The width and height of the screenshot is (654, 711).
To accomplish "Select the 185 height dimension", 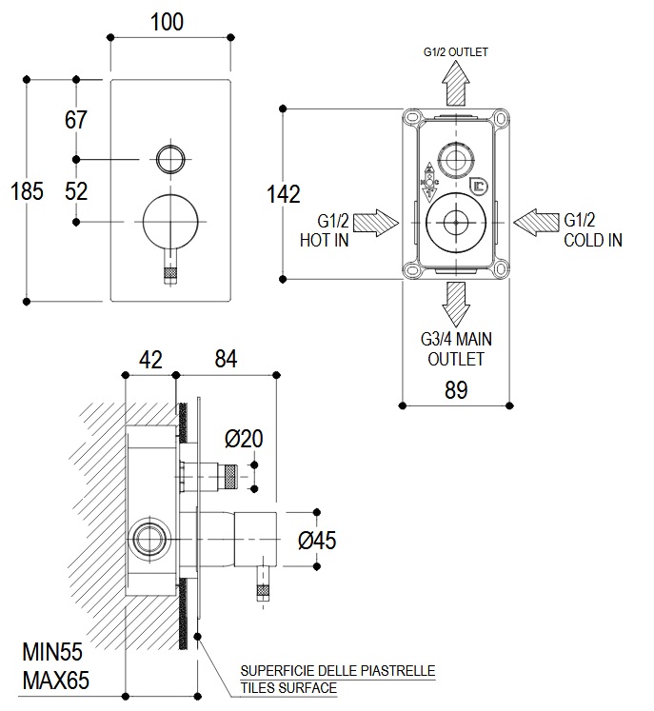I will tap(27, 191).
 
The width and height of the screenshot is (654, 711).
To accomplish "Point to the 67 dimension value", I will tap(76, 121).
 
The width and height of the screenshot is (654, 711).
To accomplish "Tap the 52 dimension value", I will tap(76, 190).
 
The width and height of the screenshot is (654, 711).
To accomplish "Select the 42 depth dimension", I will tap(150, 359).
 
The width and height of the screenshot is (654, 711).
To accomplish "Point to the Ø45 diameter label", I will tap(316, 541).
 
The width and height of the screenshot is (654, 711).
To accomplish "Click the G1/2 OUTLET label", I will tap(455, 51).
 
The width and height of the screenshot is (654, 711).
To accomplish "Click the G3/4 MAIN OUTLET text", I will tap(456, 348).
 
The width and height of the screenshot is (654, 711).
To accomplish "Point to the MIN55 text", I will tap(52, 653).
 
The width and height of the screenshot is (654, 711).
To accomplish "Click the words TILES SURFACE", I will tap(288, 686).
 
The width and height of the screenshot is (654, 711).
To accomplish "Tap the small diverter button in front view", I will tap(168, 158).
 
